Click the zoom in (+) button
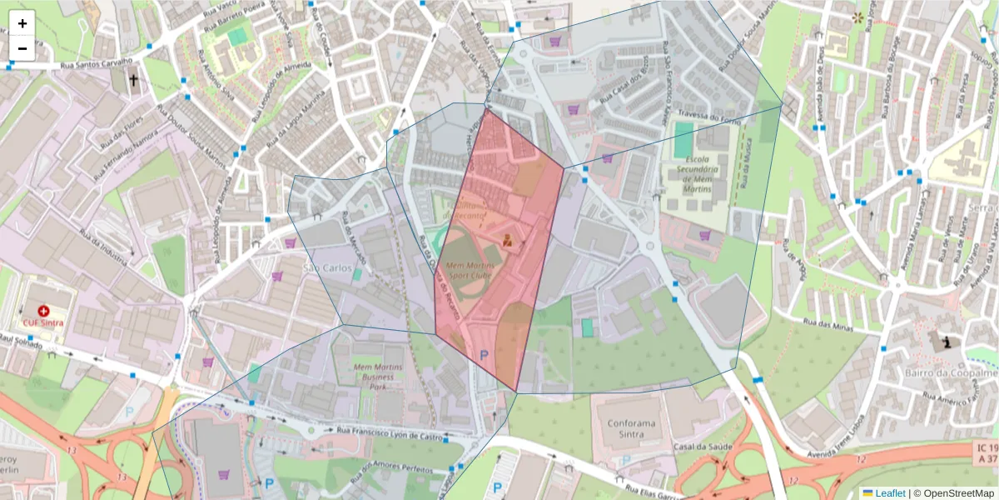(22, 23)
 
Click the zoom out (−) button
(22, 48)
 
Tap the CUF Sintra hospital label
(43, 323)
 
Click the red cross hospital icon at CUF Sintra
(44, 310)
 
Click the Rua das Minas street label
(829, 322)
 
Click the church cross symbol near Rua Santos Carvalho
(133, 80)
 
